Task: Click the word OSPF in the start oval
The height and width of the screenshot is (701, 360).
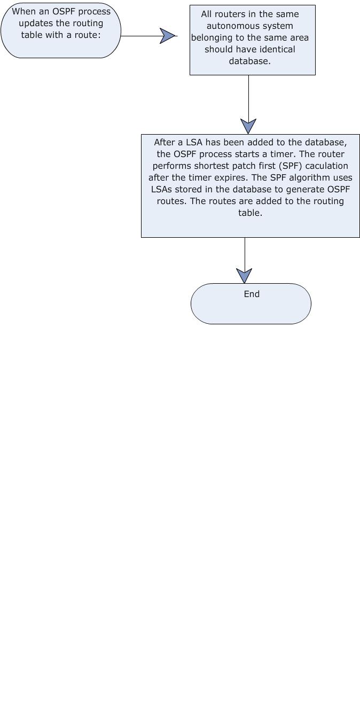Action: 64,12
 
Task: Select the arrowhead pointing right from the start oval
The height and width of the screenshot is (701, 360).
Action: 168,36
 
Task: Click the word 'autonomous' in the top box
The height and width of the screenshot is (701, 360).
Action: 226,26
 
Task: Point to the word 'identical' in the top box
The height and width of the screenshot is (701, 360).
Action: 278,49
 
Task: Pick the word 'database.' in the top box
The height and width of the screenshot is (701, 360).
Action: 249,61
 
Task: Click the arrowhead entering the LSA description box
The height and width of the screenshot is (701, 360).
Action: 248,127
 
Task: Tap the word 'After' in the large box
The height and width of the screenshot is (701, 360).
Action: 164,142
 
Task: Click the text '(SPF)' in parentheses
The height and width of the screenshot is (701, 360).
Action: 291,166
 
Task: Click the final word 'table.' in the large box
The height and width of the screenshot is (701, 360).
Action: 250,213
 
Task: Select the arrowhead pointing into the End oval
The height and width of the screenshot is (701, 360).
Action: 244,276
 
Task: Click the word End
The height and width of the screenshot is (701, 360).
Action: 252,294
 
